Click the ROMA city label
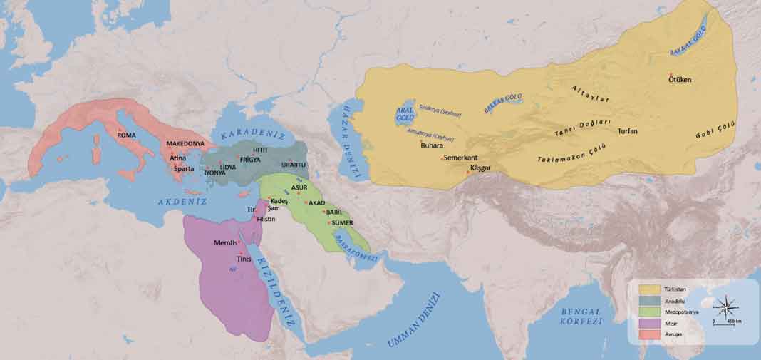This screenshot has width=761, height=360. click(126, 135)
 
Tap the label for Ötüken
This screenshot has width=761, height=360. click(679, 79)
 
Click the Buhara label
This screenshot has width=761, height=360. click(433, 145)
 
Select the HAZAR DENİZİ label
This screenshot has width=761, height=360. click(347, 140)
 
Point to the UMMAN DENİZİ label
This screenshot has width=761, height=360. click(415, 321)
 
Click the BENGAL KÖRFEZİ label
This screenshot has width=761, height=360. click(581, 316)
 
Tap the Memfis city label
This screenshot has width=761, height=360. click(225, 243)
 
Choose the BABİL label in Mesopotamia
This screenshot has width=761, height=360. click(334, 212)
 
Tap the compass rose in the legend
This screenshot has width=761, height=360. click(727, 309)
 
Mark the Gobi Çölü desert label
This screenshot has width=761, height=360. click(715, 130)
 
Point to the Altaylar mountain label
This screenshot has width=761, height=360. click(591, 95)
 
